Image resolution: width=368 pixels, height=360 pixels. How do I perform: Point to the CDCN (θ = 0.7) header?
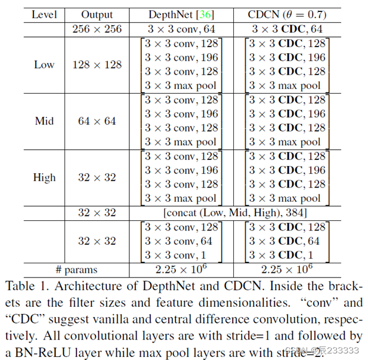click(x=287, y=13)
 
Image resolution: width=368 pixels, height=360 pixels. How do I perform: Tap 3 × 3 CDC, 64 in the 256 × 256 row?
click(x=287, y=28)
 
